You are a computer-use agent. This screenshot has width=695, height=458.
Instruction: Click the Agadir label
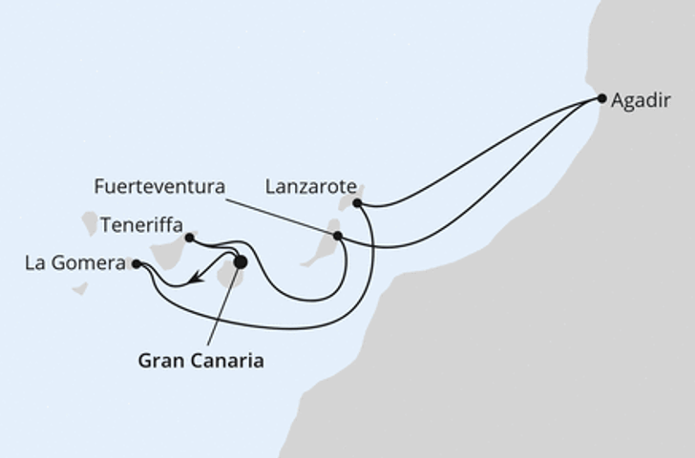[x=642, y=100]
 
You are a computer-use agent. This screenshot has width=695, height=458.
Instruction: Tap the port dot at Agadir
[x=601, y=97]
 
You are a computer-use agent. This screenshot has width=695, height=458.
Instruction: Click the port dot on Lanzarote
[x=356, y=202]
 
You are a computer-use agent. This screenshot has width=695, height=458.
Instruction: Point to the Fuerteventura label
[x=159, y=187]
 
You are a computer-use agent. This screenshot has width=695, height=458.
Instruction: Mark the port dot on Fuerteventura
[x=337, y=235]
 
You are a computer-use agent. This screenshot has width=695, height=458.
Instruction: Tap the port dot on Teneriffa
[x=189, y=238]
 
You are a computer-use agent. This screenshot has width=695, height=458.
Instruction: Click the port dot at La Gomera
[x=137, y=263]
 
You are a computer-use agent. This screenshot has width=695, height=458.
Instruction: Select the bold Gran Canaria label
[x=200, y=361]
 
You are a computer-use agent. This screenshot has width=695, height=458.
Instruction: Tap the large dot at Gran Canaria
[x=240, y=261]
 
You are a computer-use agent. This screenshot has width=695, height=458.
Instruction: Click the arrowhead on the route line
[x=194, y=279]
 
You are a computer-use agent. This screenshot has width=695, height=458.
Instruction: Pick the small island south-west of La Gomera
[x=80, y=287]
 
